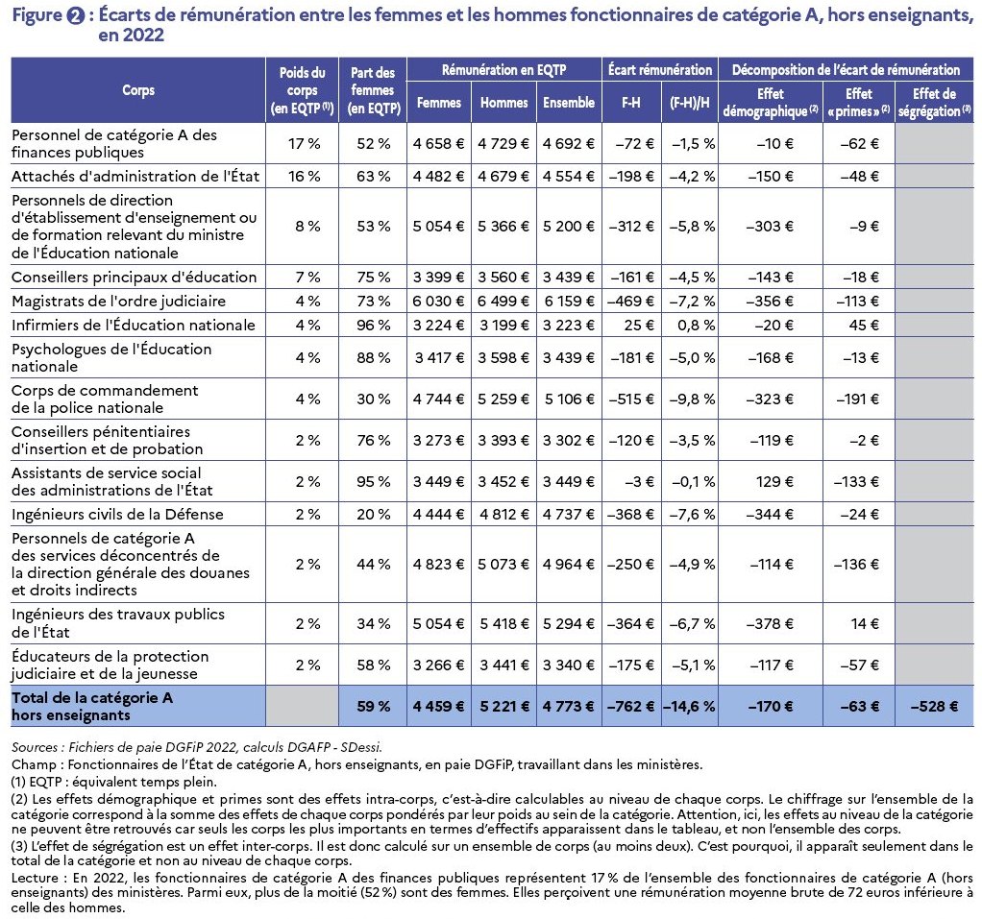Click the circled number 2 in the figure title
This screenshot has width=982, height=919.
coord(75,15)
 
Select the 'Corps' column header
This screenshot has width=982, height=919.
coord(138,90)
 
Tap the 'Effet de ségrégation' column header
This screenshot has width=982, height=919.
coord(934,103)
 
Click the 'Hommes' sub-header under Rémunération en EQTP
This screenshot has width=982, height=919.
coord(504,103)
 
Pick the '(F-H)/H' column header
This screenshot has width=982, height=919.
coord(690,103)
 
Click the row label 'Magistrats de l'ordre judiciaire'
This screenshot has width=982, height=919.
coord(118,302)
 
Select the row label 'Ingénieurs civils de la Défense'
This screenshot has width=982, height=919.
coord(117,514)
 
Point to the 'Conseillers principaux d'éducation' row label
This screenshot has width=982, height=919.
coord(134,278)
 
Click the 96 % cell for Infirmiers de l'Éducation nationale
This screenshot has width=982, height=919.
coord(373,325)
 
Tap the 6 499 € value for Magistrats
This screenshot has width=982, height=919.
coord(503,302)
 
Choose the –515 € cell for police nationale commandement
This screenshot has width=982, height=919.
coord(631,399)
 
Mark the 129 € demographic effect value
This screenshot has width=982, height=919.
coord(774,481)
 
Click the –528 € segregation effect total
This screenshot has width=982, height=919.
coord(934,706)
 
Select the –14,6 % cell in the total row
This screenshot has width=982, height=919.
coord(689,706)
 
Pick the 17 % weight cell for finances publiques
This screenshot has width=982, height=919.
coord(305,143)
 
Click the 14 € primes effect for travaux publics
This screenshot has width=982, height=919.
coord(865,623)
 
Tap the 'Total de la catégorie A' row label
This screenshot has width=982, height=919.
coord(92,697)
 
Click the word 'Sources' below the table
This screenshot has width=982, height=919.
coord(35,747)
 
